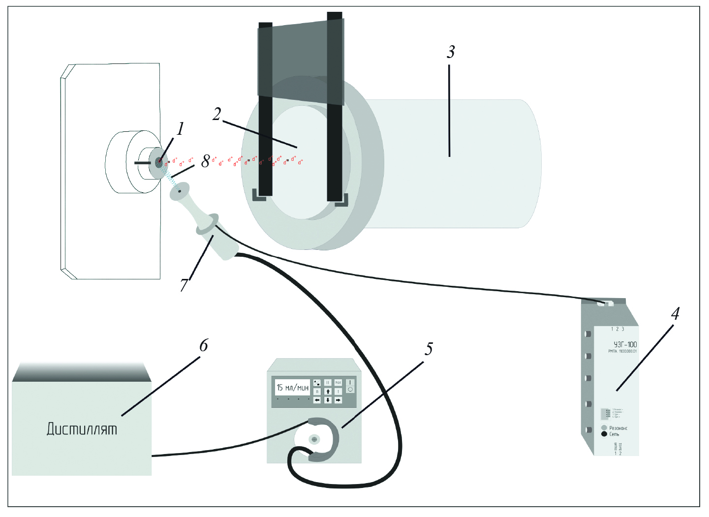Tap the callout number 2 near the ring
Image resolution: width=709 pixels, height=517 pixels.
point(216,114)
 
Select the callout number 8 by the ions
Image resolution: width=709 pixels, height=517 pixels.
point(206,161)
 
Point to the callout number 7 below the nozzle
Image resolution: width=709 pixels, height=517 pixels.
point(184,285)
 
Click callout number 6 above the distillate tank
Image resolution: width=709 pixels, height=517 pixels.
point(204,345)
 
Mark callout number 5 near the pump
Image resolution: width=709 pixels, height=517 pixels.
point(429,349)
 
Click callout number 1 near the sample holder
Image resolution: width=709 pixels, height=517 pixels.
point(181,128)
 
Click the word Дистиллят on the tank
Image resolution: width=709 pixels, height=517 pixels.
point(82,429)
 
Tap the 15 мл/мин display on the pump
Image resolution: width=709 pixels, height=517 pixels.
point(292,388)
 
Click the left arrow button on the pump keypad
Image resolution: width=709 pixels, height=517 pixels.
point(317,400)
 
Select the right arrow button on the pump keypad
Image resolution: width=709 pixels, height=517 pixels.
point(339,400)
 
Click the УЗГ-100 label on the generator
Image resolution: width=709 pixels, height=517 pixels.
point(625,344)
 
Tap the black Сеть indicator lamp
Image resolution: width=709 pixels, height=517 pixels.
point(604,434)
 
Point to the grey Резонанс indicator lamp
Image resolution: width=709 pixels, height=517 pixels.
point(604,428)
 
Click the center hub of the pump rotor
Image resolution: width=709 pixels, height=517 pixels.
point(314,438)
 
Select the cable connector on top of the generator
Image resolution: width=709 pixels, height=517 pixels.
point(606,304)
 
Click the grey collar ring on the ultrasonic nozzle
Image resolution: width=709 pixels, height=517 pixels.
point(207,225)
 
